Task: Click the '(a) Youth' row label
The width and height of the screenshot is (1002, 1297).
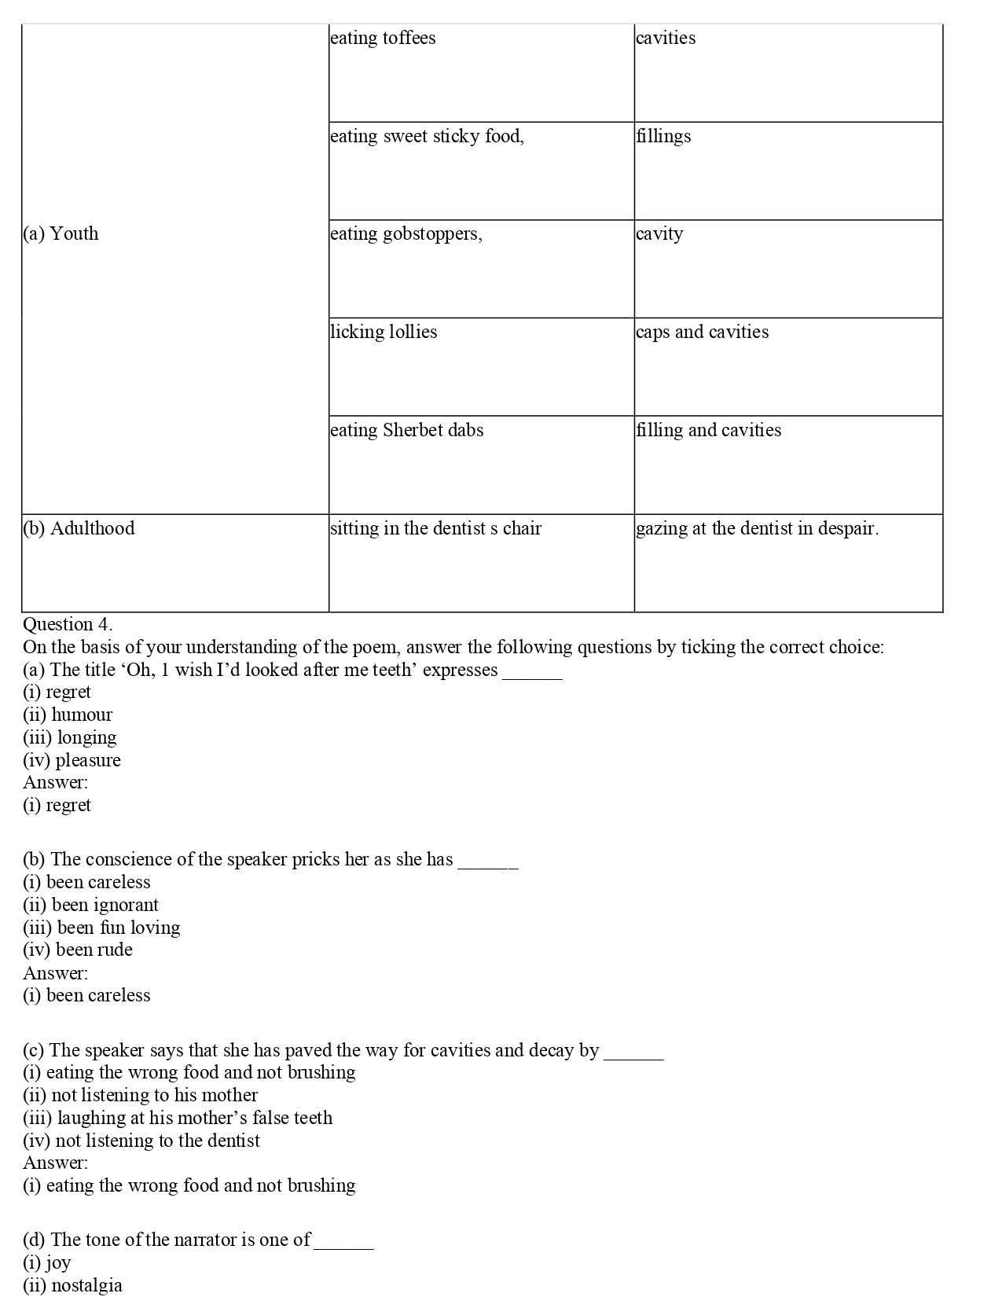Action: (61, 234)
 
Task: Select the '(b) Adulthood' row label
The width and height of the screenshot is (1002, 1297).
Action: (79, 528)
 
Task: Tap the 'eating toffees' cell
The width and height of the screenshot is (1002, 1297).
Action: (383, 39)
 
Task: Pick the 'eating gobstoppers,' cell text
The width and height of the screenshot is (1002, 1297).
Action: (406, 234)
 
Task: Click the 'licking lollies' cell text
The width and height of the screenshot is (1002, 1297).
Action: (384, 332)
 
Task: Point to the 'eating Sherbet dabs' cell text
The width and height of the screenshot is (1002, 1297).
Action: (407, 430)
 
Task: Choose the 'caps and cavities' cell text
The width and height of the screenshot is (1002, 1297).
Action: (703, 332)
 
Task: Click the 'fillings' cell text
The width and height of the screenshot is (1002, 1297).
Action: (664, 136)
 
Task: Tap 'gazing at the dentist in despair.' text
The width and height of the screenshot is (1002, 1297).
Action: (758, 528)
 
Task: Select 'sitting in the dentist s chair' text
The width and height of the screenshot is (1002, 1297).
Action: (436, 528)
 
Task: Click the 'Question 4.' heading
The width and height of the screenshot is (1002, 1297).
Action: (68, 624)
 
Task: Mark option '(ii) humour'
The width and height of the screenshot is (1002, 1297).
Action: (68, 715)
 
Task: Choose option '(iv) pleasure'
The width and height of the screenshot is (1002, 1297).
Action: (72, 760)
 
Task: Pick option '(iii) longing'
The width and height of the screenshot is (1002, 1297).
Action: (70, 737)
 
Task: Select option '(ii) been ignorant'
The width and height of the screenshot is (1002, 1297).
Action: (91, 905)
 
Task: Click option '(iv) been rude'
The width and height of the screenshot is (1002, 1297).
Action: (78, 950)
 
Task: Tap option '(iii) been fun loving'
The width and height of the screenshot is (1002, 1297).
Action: (102, 928)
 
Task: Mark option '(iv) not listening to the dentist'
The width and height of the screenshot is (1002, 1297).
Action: (141, 1141)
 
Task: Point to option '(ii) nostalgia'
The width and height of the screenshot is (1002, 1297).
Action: (73, 1285)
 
